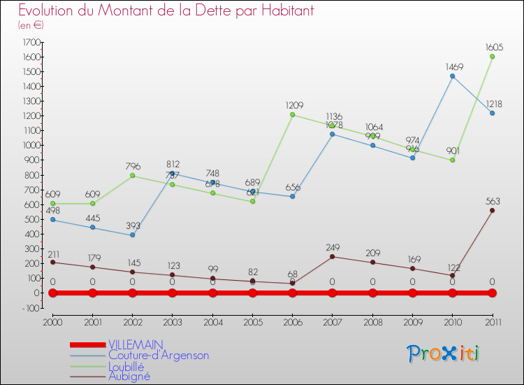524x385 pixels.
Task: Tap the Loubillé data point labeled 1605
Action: pyautogui.click(x=492, y=57)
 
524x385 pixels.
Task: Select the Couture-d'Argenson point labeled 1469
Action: pyautogui.click(x=452, y=76)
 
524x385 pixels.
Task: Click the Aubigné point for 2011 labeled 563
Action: pyautogui.click(x=492, y=210)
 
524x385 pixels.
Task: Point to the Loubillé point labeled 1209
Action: pyautogui.click(x=292, y=115)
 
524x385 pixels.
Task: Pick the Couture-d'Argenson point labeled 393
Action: pyautogui.click(x=132, y=235)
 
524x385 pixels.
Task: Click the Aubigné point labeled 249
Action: pyautogui.click(x=332, y=256)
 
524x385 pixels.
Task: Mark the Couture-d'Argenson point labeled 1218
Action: pyautogui.click(x=492, y=113)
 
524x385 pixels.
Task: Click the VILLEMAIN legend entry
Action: pyautogui.click(x=136, y=344)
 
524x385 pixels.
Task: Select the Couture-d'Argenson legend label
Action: pyautogui.click(x=159, y=355)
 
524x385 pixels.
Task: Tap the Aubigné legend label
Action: pyautogui.click(x=129, y=376)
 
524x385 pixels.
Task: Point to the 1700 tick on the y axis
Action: pyautogui.click(x=31, y=43)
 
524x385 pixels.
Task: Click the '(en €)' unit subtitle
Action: pyautogui.click(x=31, y=25)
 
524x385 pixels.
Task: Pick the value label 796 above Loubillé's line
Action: pyautogui.click(x=132, y=167)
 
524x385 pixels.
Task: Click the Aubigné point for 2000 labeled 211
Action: pyautogui.click(x=52, y=262)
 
